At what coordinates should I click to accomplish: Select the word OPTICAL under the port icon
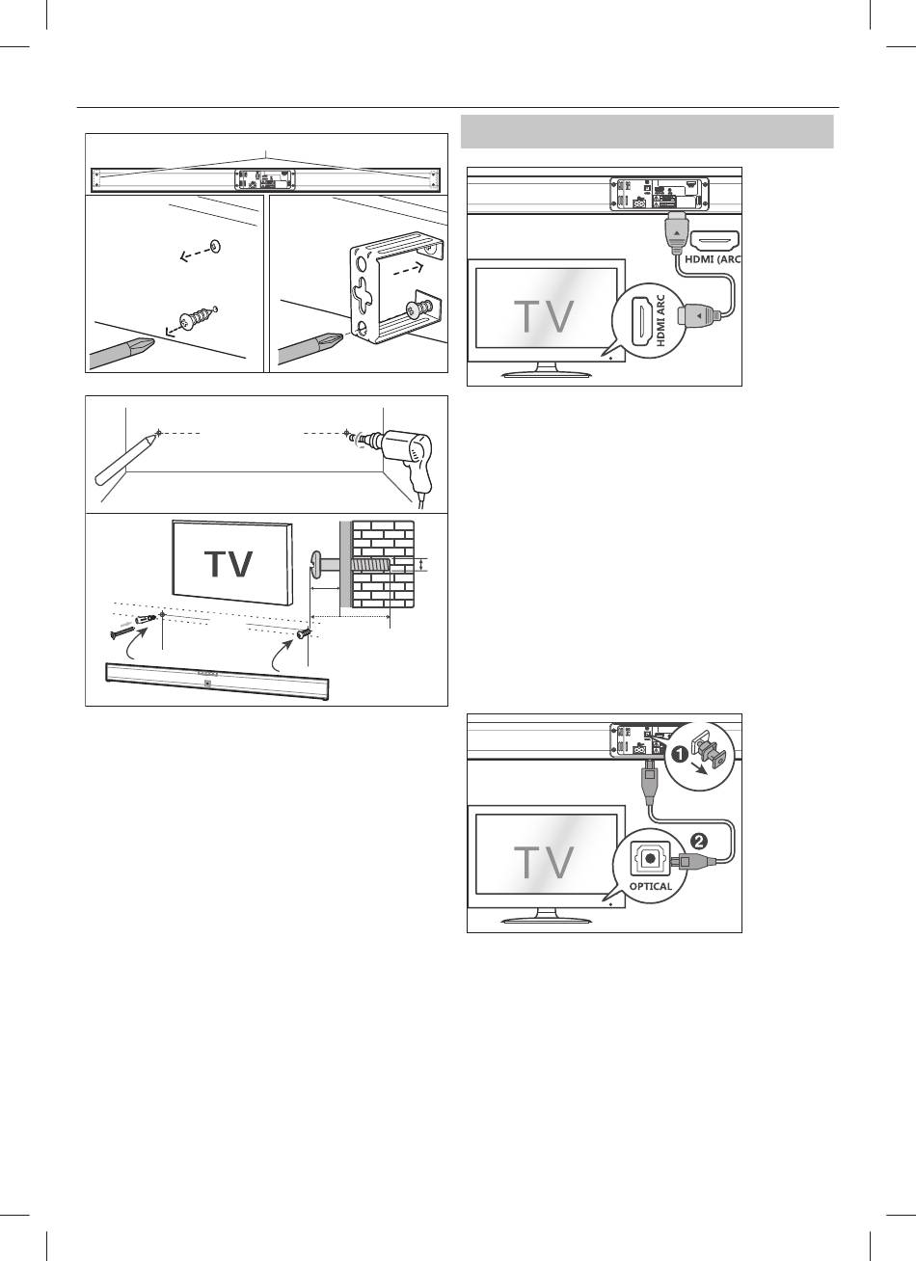coord(652,886)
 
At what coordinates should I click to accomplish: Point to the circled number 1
coord(681,756)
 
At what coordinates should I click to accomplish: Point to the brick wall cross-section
coord(383,564)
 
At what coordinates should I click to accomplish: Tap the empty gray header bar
coord(647,131)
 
